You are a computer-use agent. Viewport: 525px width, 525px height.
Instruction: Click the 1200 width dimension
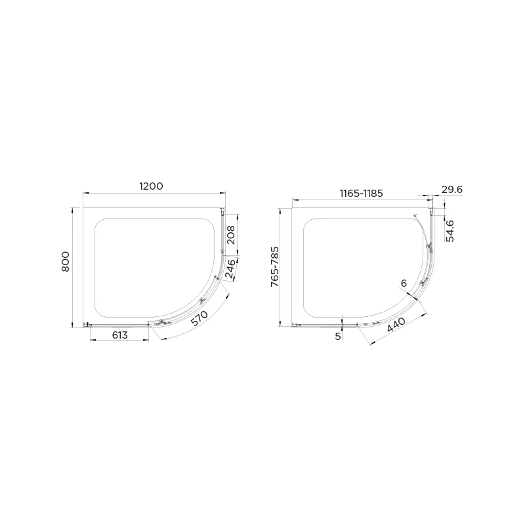point(150,186)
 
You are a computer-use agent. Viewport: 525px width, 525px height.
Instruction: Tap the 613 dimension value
point(119,335)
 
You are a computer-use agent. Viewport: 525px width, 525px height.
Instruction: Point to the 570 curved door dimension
point(199,320)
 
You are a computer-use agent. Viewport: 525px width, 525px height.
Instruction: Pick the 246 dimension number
point(231,269)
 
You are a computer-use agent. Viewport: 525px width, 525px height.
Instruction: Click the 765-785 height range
point(275,266)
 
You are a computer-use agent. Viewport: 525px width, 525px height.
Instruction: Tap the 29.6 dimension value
point(451,190)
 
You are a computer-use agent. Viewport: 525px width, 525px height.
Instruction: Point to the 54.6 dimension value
point(450,231)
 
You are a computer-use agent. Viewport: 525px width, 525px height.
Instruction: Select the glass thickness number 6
point(404,283)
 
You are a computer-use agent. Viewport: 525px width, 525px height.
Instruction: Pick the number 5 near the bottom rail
point(338,335)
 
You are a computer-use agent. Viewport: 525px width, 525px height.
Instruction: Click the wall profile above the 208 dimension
point(223,211)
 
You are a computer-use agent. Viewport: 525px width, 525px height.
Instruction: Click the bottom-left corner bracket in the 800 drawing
point(86,324)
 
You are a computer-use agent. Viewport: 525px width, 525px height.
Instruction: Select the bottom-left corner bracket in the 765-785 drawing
point(295,324)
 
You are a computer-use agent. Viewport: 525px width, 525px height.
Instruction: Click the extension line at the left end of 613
point(90,333)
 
